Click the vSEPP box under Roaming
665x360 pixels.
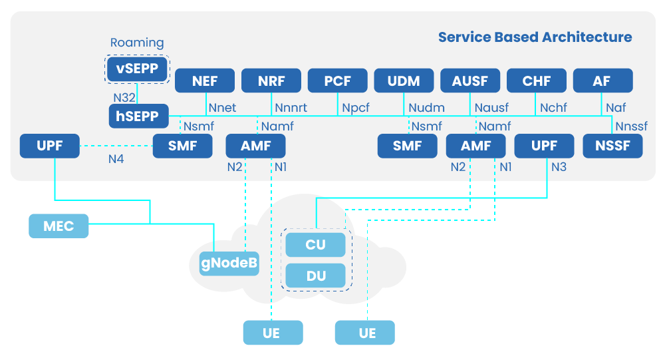click(x=137, y=69)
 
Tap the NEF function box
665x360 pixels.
click(x=205, y=81)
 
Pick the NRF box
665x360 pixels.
click(x=271, y=81)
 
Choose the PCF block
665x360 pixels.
click(x=338, y=81)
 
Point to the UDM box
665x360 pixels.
click(x=404, y=81)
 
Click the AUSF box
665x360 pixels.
click(x=470, y=81)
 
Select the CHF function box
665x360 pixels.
click(x=537, y=81)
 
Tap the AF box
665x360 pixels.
click(x=602, y=81)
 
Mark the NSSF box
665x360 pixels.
click(x=612, y=146)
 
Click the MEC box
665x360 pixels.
click(x=59, y=226)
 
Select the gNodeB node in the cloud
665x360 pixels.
click(x=229, y=264)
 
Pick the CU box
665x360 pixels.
click(x=315, y=244)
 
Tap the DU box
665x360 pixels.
click(x=315, y=275)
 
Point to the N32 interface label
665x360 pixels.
click(x=124, y=97)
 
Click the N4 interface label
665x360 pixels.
click(x=116, y=159)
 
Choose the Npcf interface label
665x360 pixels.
click(x=357, y=107)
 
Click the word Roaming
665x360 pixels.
click(x=137, y=43)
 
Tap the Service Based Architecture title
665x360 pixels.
click(x=535, y=37)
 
